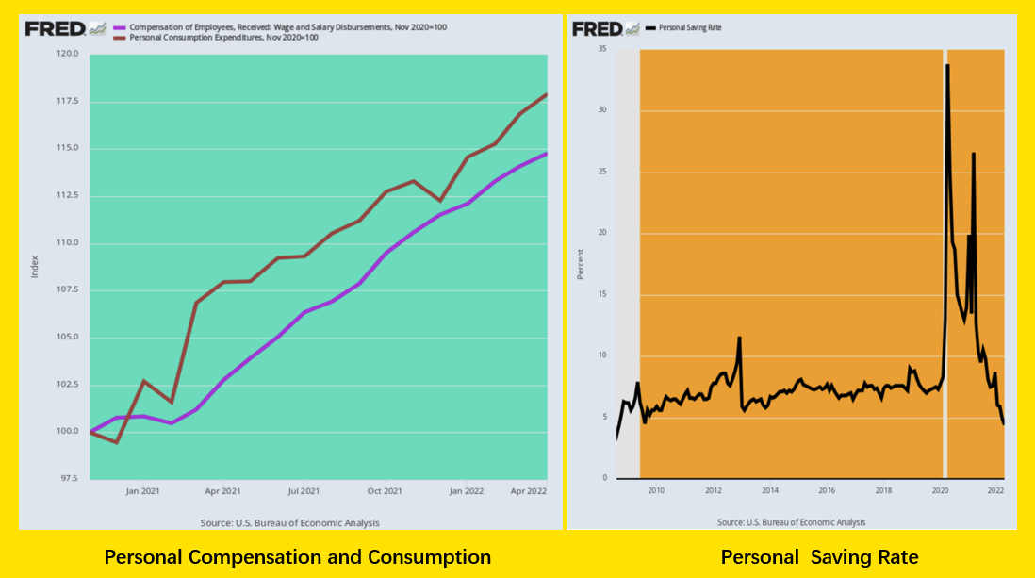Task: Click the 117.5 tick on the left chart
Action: [x=66, y=101]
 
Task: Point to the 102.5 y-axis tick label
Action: [x=66, y=385]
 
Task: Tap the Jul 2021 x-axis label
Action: [x=304, y=491]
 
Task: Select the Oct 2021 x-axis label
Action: [x=385, y=491]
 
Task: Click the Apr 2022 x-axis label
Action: [x=530, y=491]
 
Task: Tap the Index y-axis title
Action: [x=35, y=267]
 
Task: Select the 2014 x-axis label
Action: [x=770, y=490]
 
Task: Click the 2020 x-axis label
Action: [x=941, y=490]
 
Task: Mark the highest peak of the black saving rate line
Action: [x=947, y=65]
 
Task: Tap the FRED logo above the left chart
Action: [x=64, y=28]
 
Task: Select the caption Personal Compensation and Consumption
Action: [x=297, y=557]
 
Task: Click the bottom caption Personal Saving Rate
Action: [x=819, y=557]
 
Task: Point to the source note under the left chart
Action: [x=290, y=522]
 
